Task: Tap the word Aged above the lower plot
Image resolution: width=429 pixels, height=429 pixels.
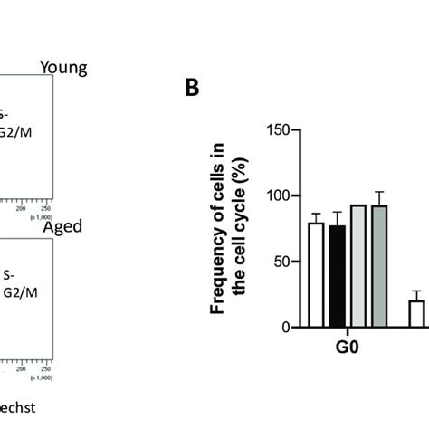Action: pos(62,225)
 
